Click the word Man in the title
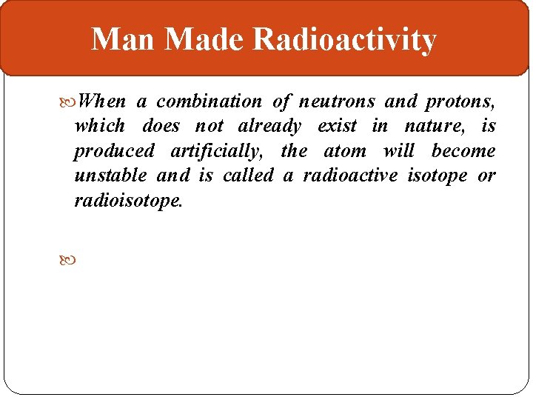click(x=123, y=40)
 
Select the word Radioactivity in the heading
click(x=344, y=40)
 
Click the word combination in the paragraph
click(x=209, y=101)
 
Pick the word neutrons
click(x=337, y=101)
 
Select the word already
click(x=269, y=127)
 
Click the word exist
click(x=337, y=127)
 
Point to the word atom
click(x=345, y=152)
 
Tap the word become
click(x=463, y=152)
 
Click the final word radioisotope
click(x=127, y=201)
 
